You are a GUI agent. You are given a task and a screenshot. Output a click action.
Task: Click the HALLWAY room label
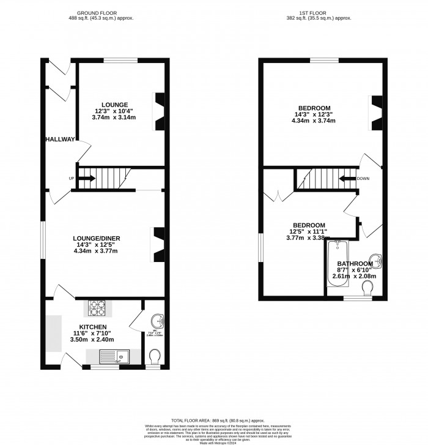click(x=59, y=140)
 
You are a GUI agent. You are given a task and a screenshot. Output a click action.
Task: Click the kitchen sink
click(x=117, y=356)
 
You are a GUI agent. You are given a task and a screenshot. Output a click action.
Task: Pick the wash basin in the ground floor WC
click(x=157, y=320)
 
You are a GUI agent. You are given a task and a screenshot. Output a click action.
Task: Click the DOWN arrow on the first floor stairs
click(x=347, y=179)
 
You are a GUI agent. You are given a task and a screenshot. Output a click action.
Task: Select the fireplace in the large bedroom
click(x=375, y=113)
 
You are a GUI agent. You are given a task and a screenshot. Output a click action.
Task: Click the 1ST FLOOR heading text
click(x=319, y=13)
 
